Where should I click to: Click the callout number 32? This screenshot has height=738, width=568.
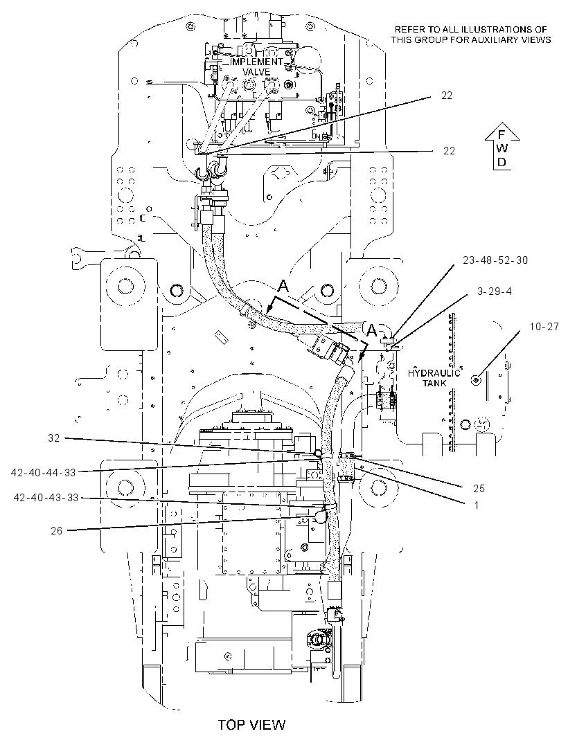coord(54,438)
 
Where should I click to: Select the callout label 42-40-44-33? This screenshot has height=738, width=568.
coord(44,472)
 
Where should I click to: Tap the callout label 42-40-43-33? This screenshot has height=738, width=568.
coord(46,498)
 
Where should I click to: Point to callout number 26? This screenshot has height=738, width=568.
coord(57,532)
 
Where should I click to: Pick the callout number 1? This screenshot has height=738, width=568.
coord(477,505)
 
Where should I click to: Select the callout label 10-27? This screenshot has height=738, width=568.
coord(544,326)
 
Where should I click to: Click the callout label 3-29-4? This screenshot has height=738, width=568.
coord(494,291)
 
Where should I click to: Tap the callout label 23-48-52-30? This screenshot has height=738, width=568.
coord(495,260)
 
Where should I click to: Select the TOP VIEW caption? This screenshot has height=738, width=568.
coord(251,724)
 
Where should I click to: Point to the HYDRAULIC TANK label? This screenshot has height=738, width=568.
coord(434,378)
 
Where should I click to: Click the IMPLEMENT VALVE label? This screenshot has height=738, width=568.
coord(257,67)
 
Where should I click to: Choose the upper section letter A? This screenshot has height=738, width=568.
coord(283,286)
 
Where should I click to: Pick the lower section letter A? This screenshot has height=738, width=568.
coord(371,330)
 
